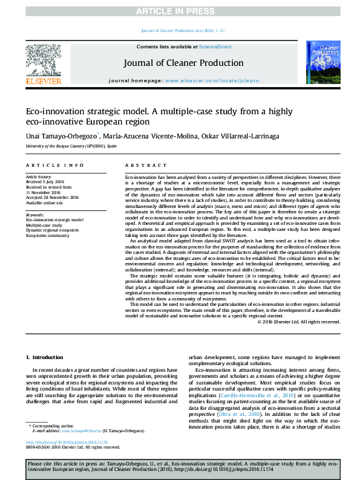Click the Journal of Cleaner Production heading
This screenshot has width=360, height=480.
pyautogui.click(x=183, y=63)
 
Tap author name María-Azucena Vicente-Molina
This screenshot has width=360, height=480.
pyautogui.click(x=146, y=137)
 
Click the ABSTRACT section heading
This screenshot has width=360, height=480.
pyautogui.click(x=142, y=165)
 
